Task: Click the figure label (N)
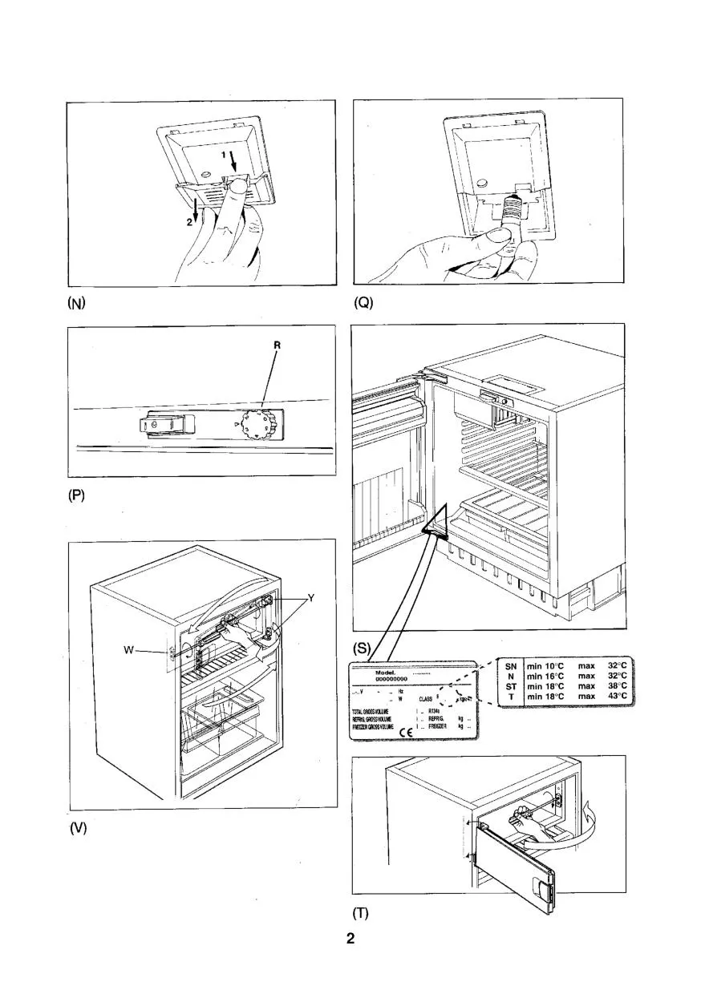point(77,303)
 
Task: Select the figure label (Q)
point(364,303)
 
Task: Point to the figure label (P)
point(77,495)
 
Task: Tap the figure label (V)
point(77,828)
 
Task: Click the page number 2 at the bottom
point(350,939)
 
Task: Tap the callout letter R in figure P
point(277,345)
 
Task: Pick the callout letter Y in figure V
point(311,597)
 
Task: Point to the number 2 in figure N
point(190,224)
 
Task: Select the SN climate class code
point(510,665)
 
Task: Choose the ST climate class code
point(510,686)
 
